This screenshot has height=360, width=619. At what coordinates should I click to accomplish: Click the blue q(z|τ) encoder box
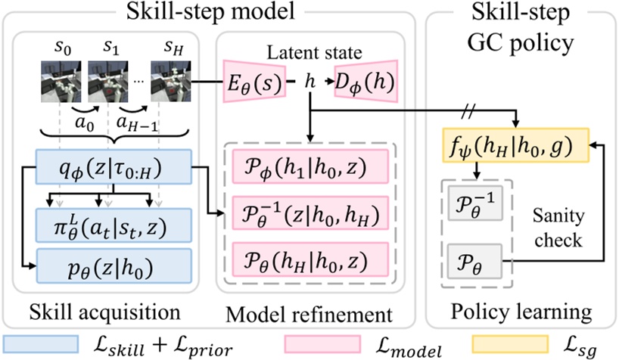pos(114,167)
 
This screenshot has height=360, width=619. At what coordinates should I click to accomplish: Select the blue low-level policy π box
pos(114,225)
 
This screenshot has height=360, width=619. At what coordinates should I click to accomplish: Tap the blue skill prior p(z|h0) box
pos(114,265)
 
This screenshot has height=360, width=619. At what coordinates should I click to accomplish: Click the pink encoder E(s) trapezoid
pos(254,82)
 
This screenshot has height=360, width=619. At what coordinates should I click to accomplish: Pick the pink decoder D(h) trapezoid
pos(366,82)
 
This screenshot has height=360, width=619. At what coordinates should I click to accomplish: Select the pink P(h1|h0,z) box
pos(310,166)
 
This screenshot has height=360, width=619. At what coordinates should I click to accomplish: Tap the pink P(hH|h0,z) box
pos(310,259)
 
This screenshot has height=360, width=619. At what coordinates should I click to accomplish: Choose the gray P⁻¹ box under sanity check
pos(475,203)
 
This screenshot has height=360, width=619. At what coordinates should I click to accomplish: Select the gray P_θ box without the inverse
pos(474,262)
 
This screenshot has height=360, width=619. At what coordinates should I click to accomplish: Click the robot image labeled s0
pos(61,82)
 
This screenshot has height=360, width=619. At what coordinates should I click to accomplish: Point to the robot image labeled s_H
pos(171,82)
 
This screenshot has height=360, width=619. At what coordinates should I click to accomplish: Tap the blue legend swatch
pos(41,344)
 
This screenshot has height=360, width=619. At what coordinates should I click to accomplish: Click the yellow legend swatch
pos(510,344)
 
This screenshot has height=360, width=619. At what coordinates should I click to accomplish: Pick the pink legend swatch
pos(322,344)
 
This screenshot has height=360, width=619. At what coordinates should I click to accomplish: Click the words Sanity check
pos(558,228)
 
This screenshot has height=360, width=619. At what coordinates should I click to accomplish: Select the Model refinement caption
pos(309,315)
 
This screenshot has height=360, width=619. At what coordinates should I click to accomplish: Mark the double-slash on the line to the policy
pos(469,111)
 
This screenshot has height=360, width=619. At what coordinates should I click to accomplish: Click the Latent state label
pos(314,52)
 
